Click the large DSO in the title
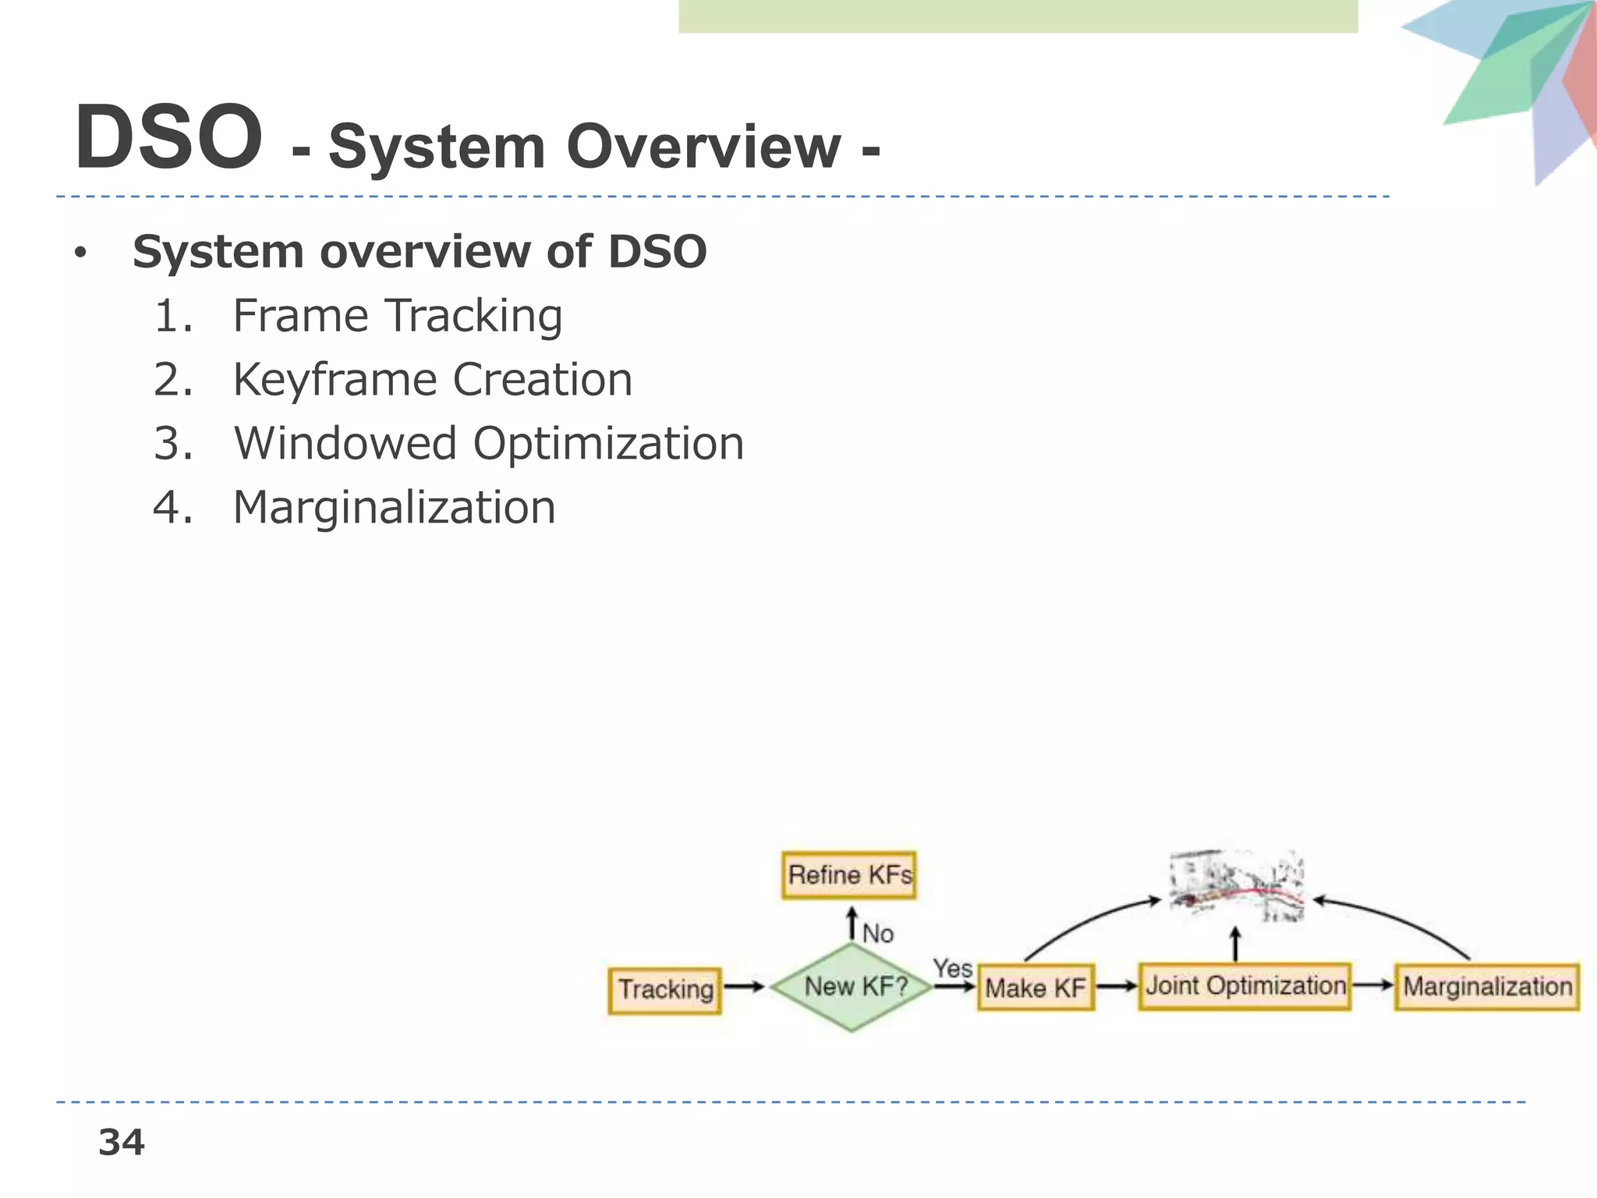pos(168,138)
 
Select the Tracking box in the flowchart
pos(665,990)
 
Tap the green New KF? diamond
pos(853,987)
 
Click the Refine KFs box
pos(849,875)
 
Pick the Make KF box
pos(1036,988)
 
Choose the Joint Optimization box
pos(1245,986)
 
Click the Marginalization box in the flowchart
pos(1487,987)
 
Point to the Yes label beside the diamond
pos(952,968)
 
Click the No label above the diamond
pos(878,933)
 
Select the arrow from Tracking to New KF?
pos(745,987)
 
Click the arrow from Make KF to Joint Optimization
pos(1117,987)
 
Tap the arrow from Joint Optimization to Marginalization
pos(1372,985)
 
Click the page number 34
pos(121,1143)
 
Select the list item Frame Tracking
pos(397,315)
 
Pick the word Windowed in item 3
pos(345,443)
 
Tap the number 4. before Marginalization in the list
pos(172,508)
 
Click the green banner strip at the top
pos(1018,16)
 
